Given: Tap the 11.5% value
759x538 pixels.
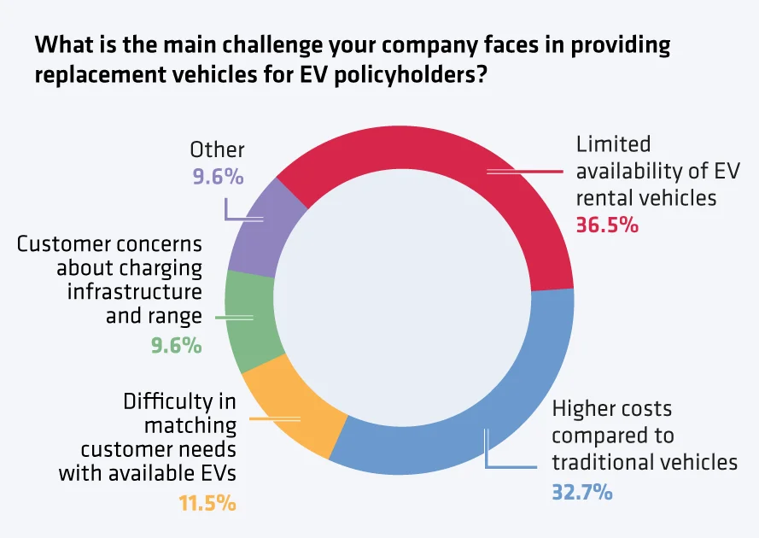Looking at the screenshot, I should point(207,502).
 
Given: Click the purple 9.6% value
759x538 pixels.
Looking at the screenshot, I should point(217,178).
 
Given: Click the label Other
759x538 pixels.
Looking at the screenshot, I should point(217,150).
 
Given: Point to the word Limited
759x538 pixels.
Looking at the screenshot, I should point(613,144).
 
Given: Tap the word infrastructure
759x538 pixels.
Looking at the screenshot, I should point(134,291).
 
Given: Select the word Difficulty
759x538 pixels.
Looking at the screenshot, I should point(179,402).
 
